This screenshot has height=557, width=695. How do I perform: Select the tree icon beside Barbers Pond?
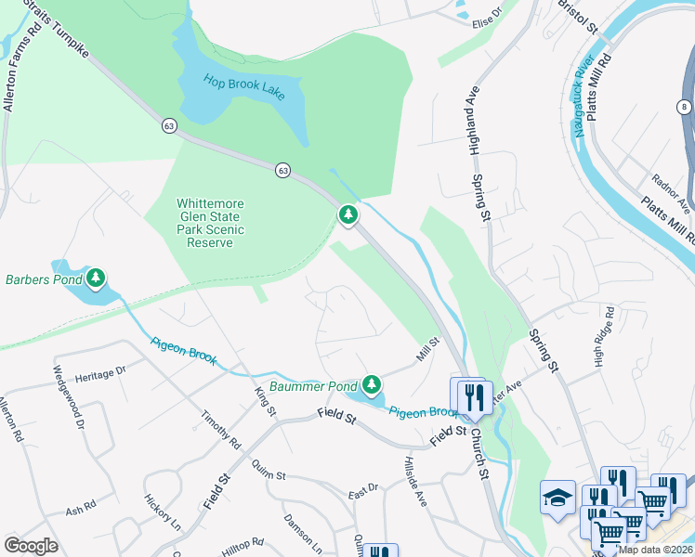coord(96,278)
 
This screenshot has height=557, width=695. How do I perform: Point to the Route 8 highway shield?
coord(685,108)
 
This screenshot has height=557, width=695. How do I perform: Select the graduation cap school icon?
coord(557,495)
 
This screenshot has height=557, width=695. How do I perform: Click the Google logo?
coord(31,546)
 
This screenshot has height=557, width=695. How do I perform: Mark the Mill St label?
coord(426,351)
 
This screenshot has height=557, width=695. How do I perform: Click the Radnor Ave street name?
coord(671,192)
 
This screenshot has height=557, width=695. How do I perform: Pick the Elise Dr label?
coord(486,17)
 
